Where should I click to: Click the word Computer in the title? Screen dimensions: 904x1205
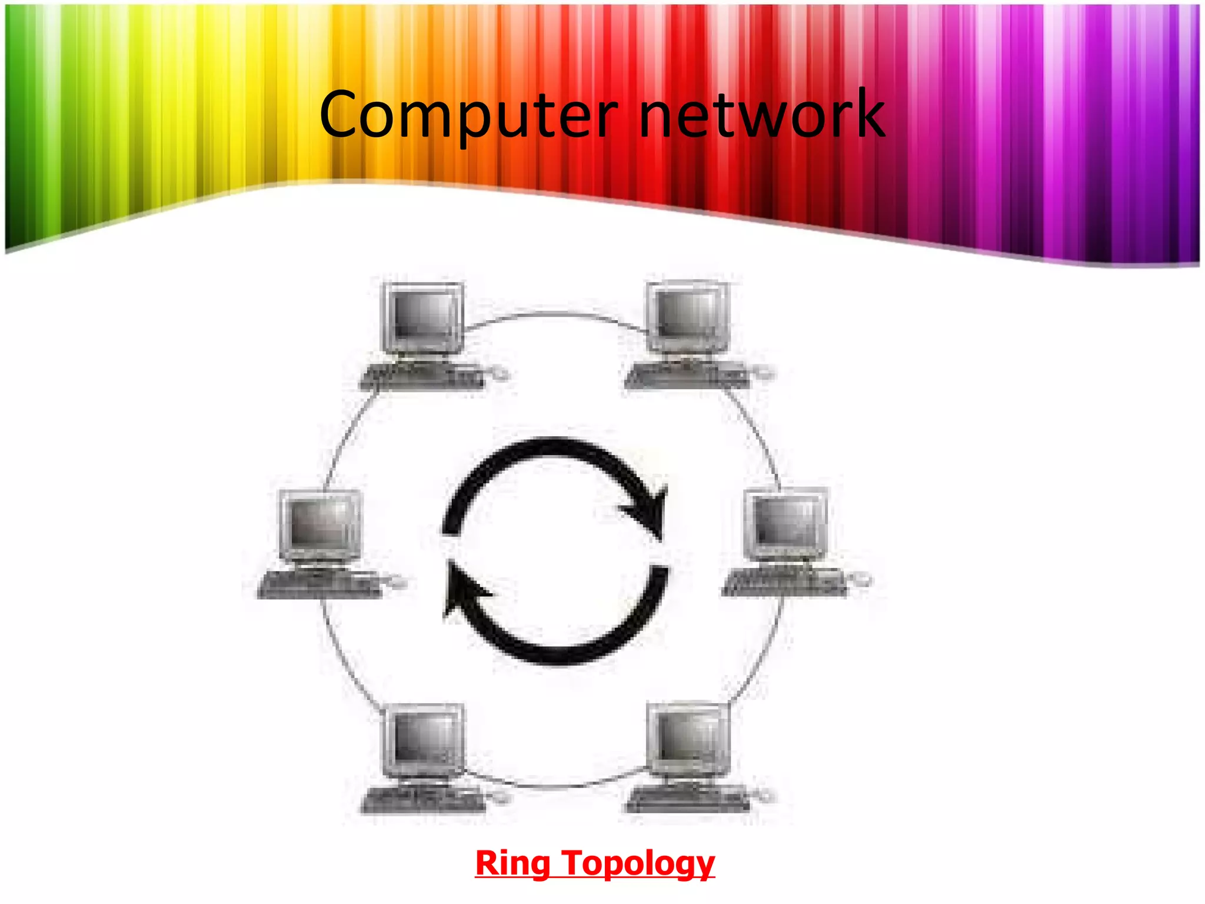[468, 114]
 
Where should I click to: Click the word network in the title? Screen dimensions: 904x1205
[761, 114]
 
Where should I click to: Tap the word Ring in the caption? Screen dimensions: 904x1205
[512, 863]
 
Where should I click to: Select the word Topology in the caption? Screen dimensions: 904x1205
[638, 863]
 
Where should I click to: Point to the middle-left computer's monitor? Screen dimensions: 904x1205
[321, 524]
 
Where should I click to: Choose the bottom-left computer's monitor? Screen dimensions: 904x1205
[424, 739]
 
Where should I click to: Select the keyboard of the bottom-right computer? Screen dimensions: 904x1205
[686, 799]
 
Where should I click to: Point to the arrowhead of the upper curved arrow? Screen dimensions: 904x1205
[650, 512]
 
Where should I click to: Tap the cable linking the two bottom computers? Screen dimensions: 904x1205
[556, 786]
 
